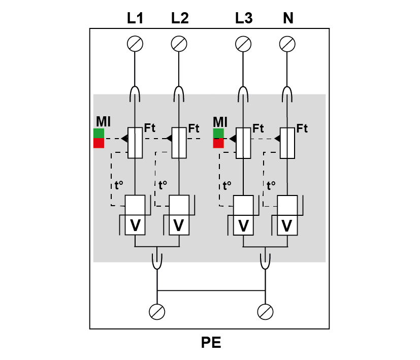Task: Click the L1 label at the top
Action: click(135, 18)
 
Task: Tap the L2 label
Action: click(180, 18)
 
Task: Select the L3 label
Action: click(244, 18)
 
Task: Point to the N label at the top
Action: click(288, 18)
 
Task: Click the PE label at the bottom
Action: click(211, 342)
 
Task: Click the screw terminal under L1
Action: click(135, 44)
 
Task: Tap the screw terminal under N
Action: click(287, 44)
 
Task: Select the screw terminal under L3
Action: click(243, 44)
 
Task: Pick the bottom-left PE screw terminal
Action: click(157, 312)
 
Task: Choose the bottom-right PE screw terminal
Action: click(265, 312)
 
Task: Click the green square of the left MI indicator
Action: click(99, 134)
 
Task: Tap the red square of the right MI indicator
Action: click(218, 143)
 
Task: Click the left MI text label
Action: click(104, 121)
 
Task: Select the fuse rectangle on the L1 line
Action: click(135, 143)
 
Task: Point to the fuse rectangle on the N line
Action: click(287, 143)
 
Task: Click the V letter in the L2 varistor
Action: click(179, 225)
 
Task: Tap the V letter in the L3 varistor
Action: click(243, 225)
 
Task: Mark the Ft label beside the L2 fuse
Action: click(193, 128)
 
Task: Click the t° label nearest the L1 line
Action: click(119, 185)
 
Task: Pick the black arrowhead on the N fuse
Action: click(277, 139)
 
